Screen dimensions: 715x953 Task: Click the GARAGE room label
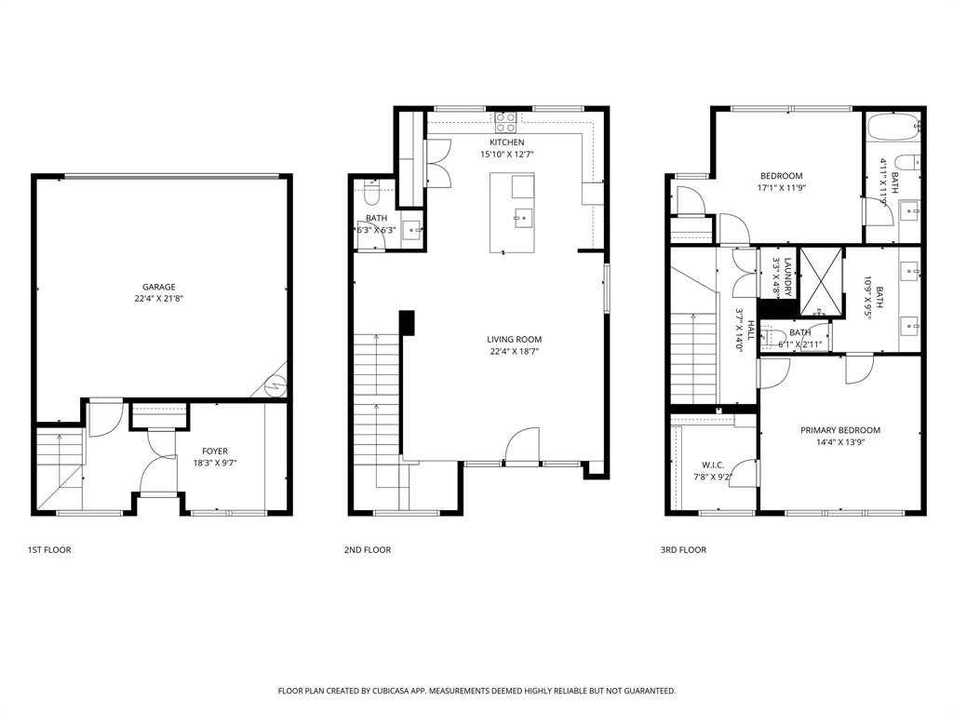(158, 287)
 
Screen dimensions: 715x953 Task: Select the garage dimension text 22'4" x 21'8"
(158, 299)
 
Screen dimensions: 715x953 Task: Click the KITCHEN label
(506, 142)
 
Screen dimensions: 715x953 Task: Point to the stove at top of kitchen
(505, 122)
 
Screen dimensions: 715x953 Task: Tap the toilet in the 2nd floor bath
(371, 196)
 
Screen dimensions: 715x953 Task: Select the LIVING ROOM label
(514, 340)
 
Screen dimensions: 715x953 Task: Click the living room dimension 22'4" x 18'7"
(514, 352)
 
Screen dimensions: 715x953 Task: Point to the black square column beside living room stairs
(407, 322)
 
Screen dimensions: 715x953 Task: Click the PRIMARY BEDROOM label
(839, 430)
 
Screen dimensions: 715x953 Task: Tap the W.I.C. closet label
(713, 465)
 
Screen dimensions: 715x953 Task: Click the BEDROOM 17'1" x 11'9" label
(781, 176)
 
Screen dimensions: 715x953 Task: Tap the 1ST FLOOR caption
(49, 550)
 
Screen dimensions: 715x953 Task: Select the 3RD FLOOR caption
(683, 550)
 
